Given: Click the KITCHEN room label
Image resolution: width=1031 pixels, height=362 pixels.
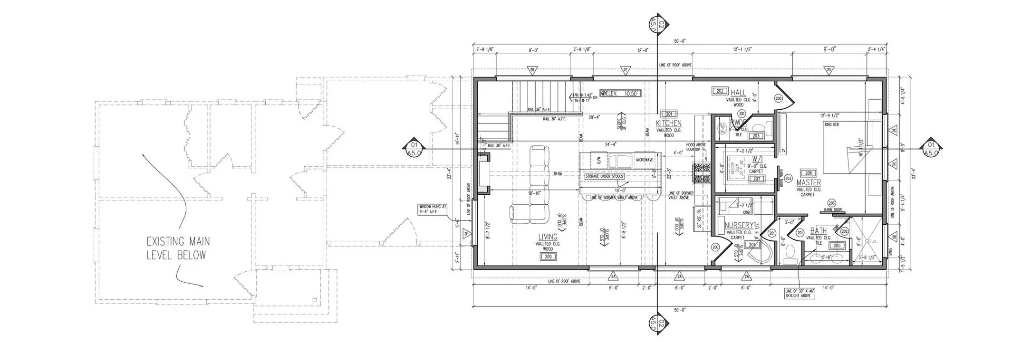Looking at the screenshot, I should (x=668, y=124).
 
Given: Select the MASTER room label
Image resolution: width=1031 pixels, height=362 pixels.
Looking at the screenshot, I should (x=809, y=182).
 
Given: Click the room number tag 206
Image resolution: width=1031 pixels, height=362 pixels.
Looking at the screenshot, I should (x=808, y=173).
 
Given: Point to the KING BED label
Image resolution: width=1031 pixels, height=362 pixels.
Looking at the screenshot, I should (x=831, y=124).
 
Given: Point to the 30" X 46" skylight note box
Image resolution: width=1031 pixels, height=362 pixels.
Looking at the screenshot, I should (x=800, y=293).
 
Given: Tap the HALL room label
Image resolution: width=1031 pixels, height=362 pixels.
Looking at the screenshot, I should (x=738, y=93).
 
